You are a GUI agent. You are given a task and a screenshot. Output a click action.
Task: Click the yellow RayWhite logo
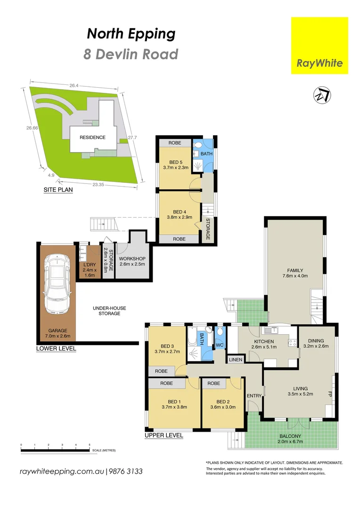(x=319, y=46)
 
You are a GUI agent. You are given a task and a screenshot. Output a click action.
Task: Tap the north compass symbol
(x=321, y=95)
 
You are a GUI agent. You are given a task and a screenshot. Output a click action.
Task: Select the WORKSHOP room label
(x=131, y=259)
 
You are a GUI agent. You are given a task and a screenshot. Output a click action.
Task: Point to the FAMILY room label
(x=295, y=270)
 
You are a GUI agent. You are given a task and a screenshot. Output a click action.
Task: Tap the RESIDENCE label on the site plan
(x=92, y=138)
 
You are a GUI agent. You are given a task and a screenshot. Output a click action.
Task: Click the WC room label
(x=219, y=345)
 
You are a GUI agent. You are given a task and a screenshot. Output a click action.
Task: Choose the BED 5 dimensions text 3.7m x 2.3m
(x=175, y=167)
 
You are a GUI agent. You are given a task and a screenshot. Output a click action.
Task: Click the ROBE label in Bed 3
(x=161, y=371)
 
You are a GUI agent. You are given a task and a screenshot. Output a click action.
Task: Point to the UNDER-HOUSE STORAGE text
(x=109, y=311)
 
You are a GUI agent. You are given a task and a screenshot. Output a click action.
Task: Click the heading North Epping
(x=131, y=34)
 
